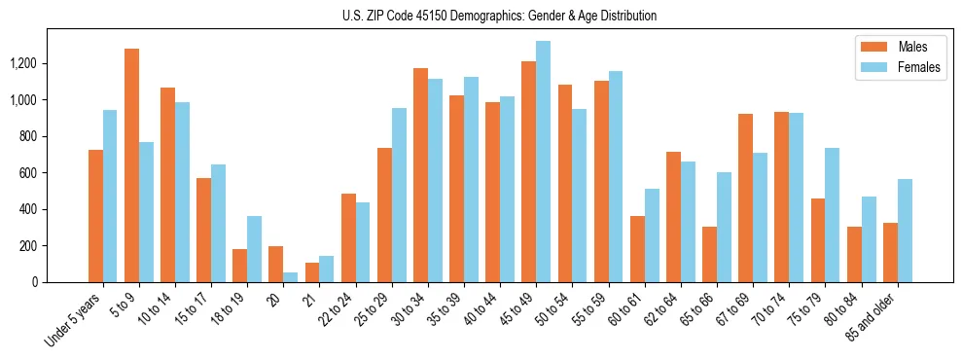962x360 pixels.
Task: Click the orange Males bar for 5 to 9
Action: coord(131,165)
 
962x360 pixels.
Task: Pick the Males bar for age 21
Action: coord(311,272)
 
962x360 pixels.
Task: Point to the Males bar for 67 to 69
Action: coord(745,198)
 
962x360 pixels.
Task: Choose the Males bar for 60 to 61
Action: coord(637,249)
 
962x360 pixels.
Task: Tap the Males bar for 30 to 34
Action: coord(420,175)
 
